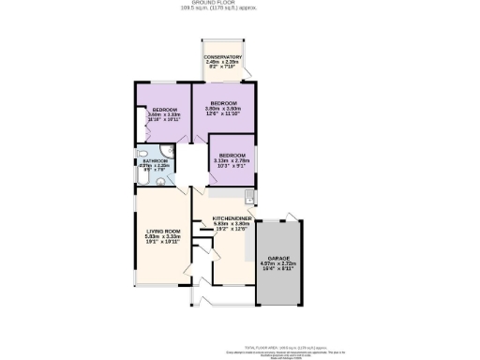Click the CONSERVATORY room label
pyautogui.click(x=223, y=57)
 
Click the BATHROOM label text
pyautogui.click(x=156, y=160)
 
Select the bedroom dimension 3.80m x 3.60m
pyautogui.click(x=223, y=108)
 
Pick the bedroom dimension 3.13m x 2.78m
pyautogui.click(x=232, y=160)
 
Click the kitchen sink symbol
pyautogui.click(x=247, y=197)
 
